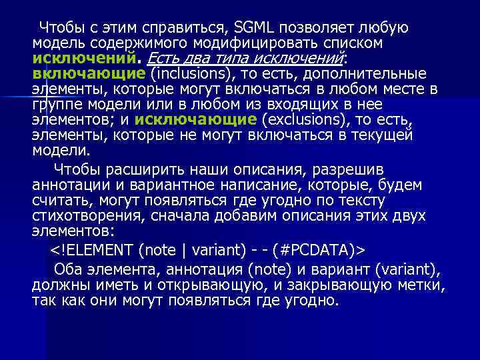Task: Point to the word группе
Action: [56, 105]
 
